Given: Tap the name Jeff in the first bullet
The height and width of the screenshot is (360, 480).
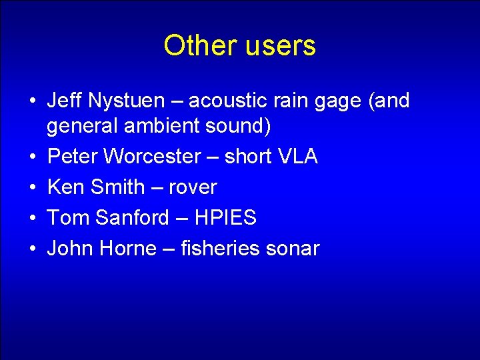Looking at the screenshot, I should pos(63,101).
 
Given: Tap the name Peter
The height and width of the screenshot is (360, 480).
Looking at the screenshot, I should pos(72,157).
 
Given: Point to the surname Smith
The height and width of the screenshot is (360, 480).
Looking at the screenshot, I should pos(117,187).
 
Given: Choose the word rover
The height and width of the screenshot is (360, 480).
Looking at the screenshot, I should pos(192,187).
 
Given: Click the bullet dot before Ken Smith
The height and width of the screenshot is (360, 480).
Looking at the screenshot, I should pos(32,188).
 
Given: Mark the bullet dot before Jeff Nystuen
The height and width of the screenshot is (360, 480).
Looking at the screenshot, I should pos(32,101).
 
